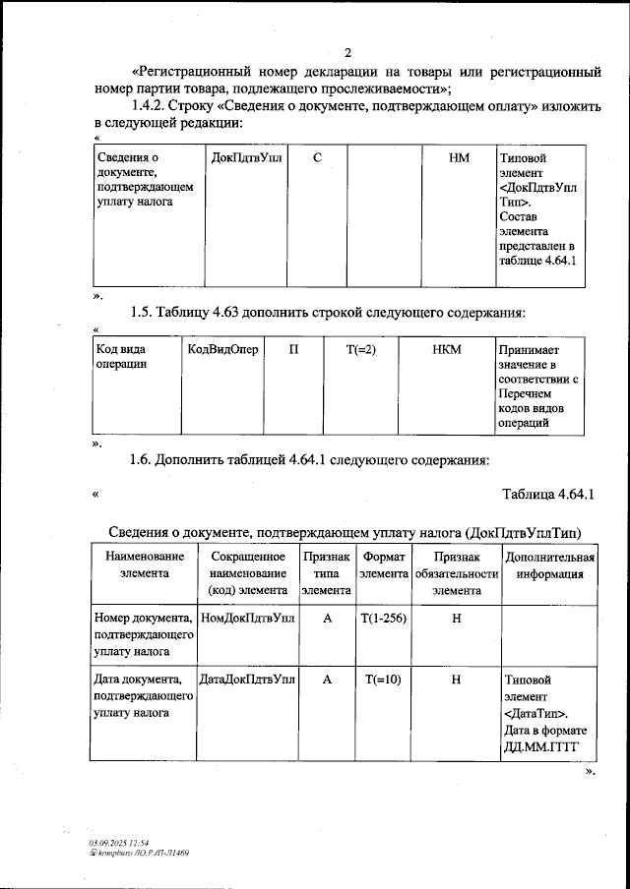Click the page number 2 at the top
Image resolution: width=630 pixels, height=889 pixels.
[x=346, y=53]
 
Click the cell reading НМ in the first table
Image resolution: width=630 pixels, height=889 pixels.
[x=458, y=157]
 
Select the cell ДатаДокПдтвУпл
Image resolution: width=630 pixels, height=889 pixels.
[x=246, y=680]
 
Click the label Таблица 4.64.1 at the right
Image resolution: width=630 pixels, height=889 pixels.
[x=550, y=494]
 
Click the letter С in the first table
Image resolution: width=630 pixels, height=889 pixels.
[x=318, y=157]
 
